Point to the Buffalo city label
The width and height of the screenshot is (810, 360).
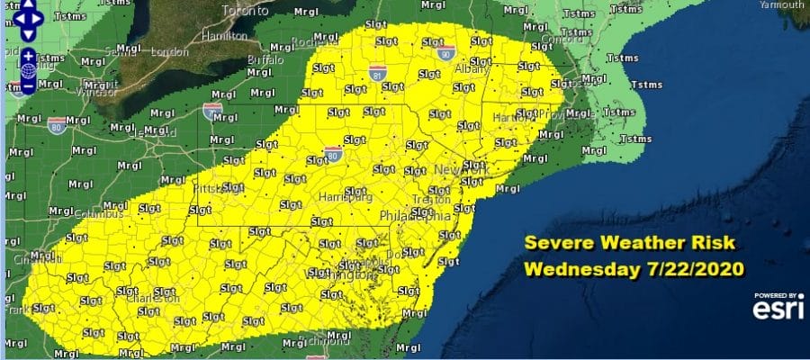(265, 59)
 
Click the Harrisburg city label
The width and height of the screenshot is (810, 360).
(342, 195)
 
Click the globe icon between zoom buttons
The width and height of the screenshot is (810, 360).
(28, 69)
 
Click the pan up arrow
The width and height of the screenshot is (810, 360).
(28, 4)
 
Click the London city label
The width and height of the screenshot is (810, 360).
(172, 51)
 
